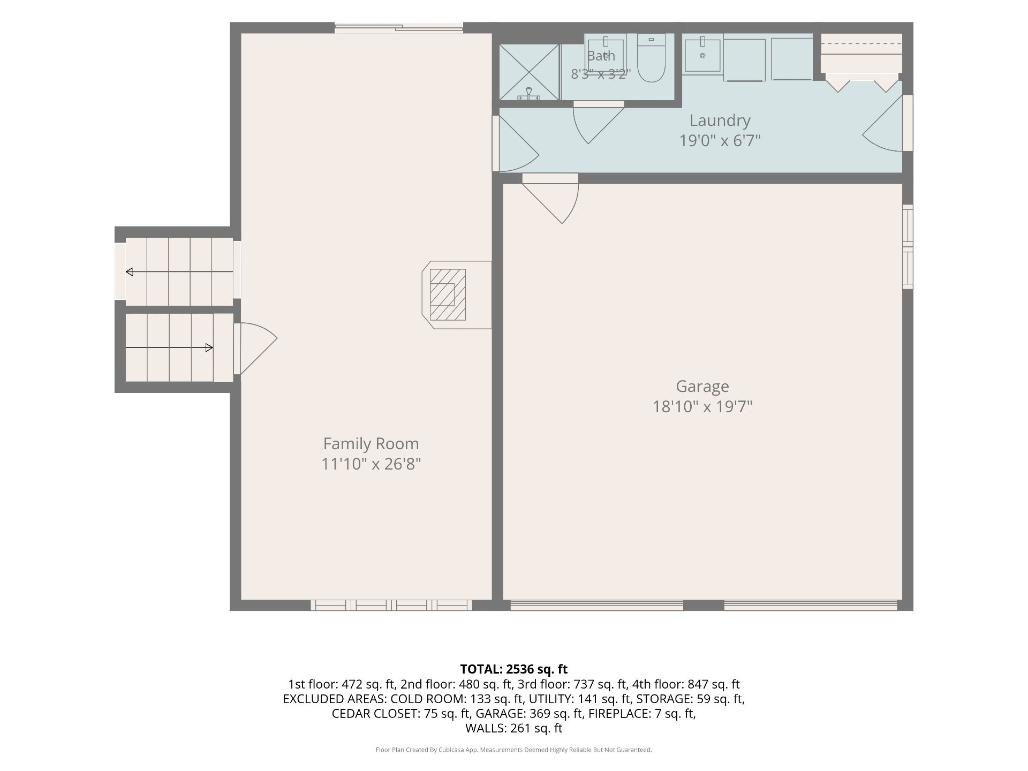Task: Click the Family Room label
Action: click(x=371, y=443)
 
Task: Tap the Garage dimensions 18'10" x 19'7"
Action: click(x=702, y=406)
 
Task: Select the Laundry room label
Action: click(x=720, y=120)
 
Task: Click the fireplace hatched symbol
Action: click(x=448, y=294)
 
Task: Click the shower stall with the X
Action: click(x=528, y=72)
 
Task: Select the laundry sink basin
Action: click(x=702, y=54)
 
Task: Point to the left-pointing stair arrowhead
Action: click(x=129, y=272)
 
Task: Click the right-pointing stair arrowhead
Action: click(x=209, y=348)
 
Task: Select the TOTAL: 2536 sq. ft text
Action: click(x=513, y=669)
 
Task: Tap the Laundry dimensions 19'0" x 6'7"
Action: click(x=720, y=140)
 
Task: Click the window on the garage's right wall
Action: click(x=908, y=247)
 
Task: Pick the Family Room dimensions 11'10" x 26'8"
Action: click(x=371, y=464)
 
